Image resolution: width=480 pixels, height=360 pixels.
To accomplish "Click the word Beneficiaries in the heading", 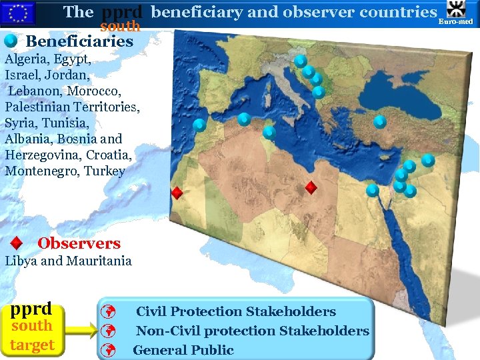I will coord(79,41).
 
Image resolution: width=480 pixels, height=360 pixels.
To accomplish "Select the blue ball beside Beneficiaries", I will coord(10,41).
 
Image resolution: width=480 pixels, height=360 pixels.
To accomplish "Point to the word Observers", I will coord(79,243).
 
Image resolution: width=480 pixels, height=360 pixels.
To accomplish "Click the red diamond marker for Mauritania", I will coord(177,193).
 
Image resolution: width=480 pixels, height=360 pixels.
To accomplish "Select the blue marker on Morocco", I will coord(199,124).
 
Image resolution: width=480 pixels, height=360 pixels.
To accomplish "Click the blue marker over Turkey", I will coord(379,121).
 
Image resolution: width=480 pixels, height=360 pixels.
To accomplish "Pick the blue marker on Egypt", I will coord(373,190).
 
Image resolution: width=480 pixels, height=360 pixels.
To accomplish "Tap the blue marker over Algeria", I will coord(244,119).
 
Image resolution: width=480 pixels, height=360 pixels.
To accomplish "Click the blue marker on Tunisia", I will coord(269,131).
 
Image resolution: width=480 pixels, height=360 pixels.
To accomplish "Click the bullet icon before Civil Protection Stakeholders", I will coord(111,312).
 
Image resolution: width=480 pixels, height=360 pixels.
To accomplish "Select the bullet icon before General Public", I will coord(111,350).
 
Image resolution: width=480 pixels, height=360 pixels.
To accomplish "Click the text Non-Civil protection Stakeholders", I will coord(253,331).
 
